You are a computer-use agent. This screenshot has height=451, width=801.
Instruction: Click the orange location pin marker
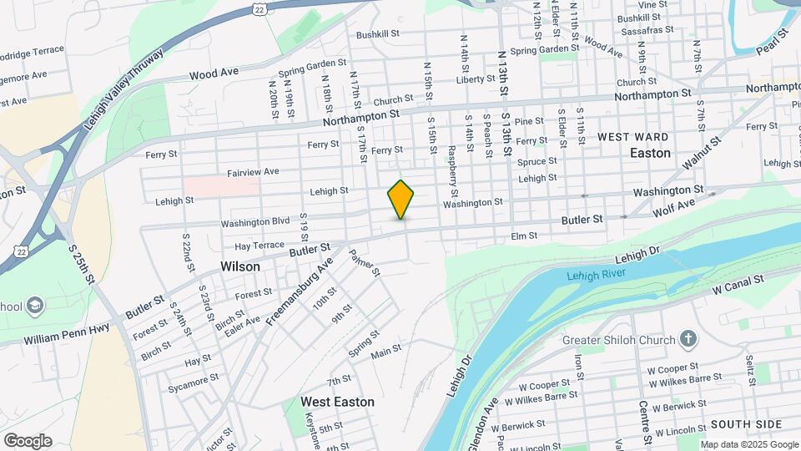coord(400,199)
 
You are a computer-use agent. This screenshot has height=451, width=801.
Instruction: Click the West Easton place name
coord(337,402)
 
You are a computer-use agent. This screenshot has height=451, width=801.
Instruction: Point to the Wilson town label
coord(239,266)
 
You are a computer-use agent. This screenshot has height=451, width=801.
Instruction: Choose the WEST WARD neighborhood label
coord(632,136)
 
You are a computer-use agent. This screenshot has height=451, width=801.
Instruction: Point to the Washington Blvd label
coord(255,223)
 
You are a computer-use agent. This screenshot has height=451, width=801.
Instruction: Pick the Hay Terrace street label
coord(259,246)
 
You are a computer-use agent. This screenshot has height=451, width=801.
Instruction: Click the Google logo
coord(28,440)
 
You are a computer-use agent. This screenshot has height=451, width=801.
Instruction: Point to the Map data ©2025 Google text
coord(748,444)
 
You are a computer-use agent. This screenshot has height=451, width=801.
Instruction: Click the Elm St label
coord(524,237)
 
